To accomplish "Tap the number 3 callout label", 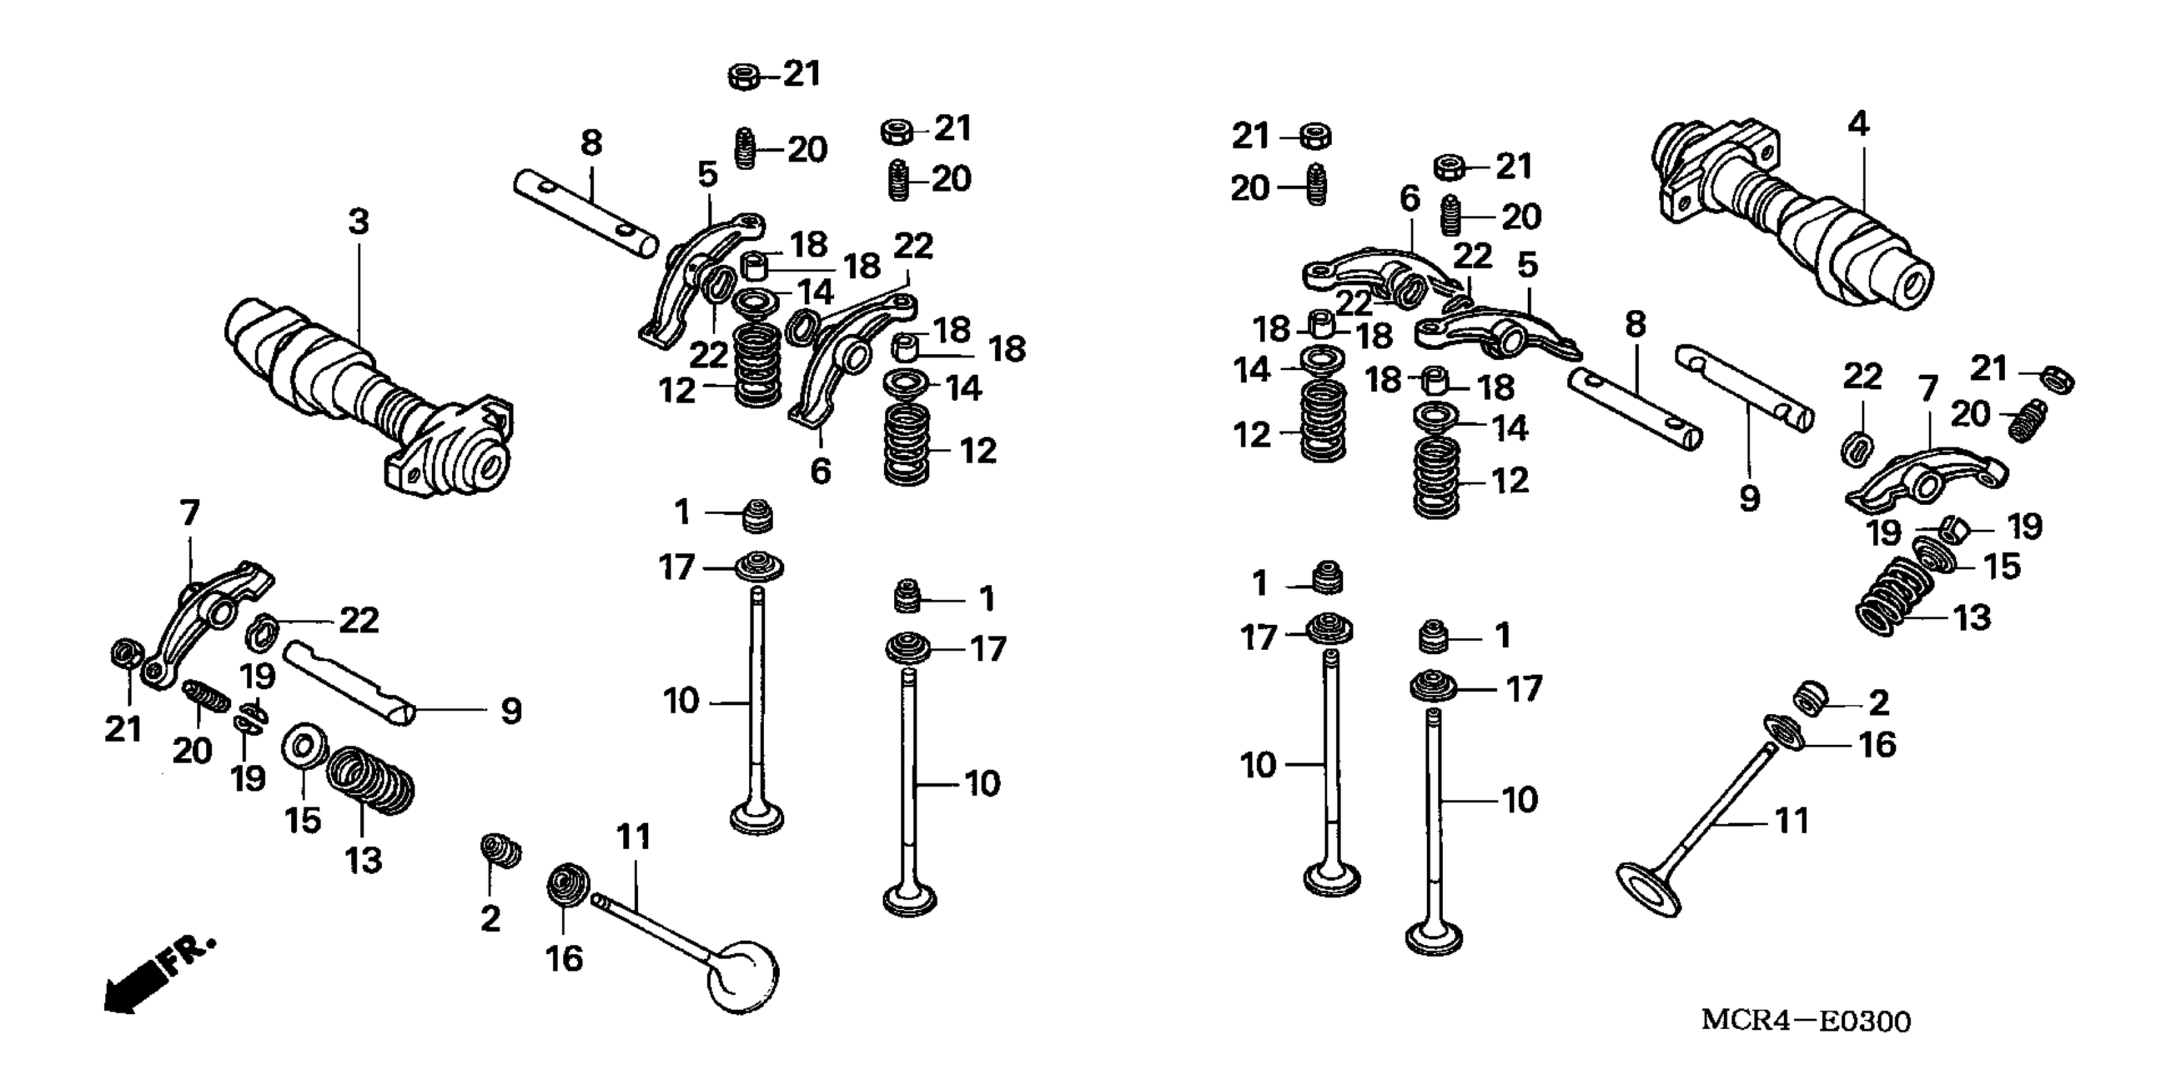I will (359, 222).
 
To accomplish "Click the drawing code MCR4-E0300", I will (1805, 1021).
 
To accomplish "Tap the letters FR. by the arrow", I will (191, 954).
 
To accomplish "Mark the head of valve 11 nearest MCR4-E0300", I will (1648, 888).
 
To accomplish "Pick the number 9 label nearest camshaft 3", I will (511, 712).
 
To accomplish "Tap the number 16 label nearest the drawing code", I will (1877, 745).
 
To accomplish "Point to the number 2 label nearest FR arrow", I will (491, 918).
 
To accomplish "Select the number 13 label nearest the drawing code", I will (1972, 618).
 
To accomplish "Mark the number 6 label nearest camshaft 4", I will (1410, 199).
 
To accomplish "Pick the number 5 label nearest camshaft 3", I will (707, 175).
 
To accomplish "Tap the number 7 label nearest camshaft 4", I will (1928, 389).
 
